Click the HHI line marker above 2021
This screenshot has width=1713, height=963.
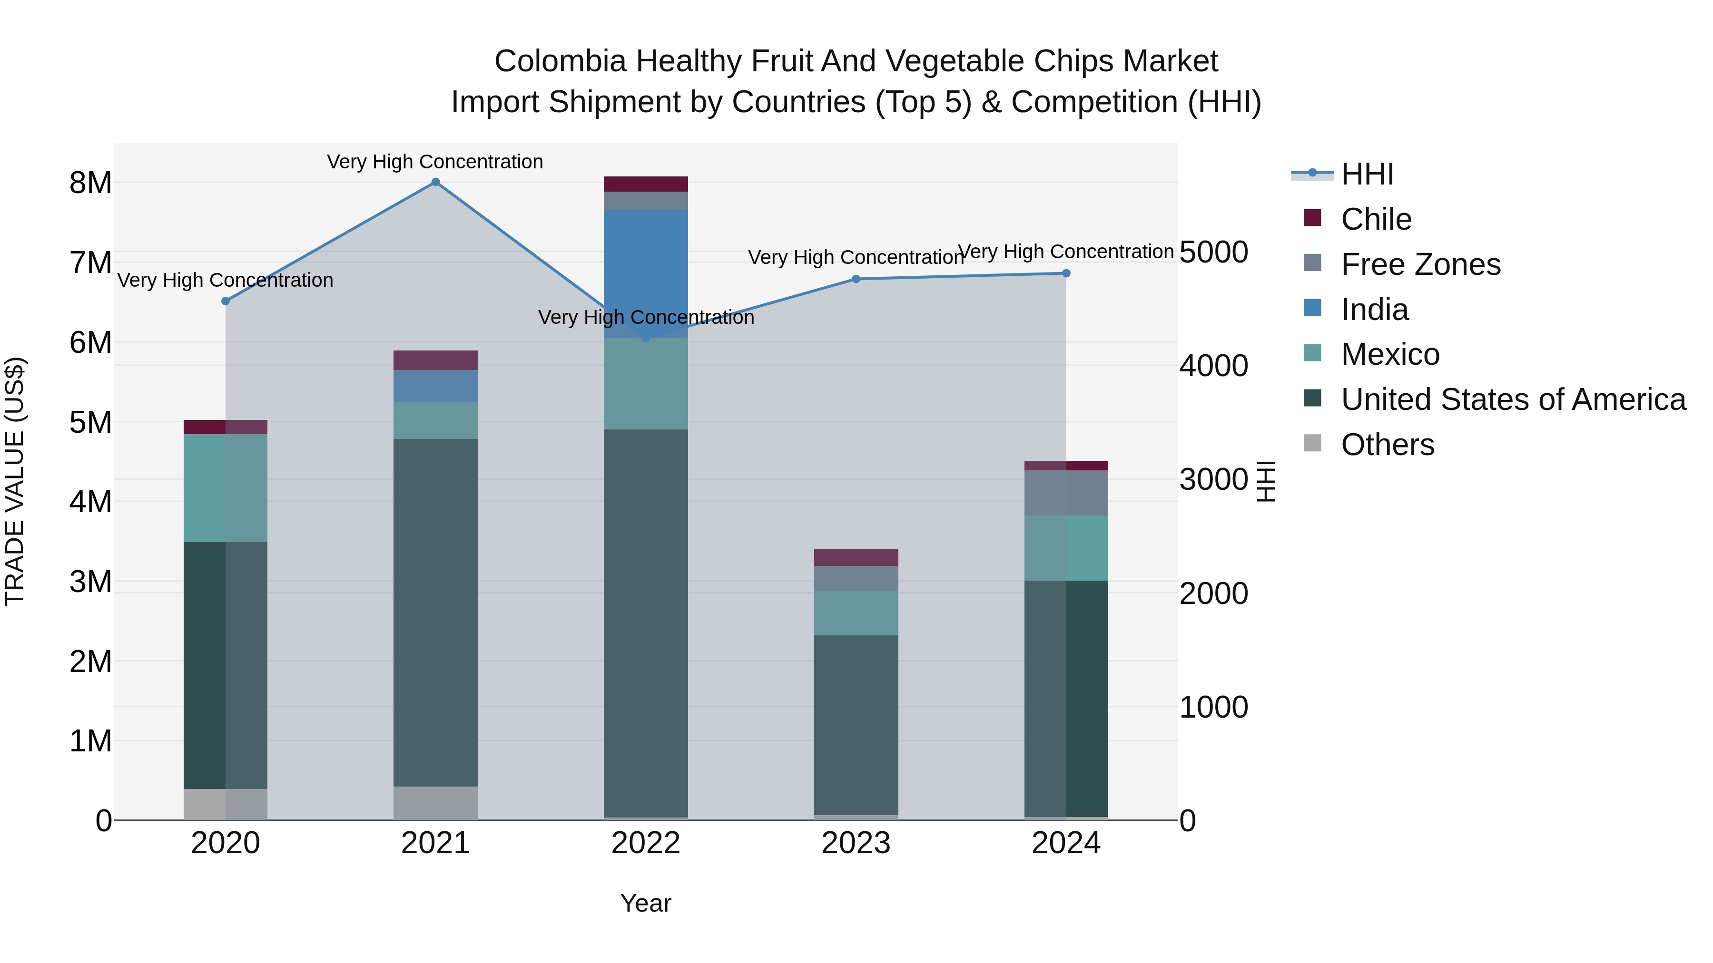(435, 182)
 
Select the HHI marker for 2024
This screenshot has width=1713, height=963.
(1066, 273)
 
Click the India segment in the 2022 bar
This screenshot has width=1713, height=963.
(646, 266)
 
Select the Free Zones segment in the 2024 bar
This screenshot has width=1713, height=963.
(1066, 493)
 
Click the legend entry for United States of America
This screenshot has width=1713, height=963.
(1513, 399)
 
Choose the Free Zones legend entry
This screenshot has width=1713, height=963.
(1420, 264)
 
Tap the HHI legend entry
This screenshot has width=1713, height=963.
(1367, 174)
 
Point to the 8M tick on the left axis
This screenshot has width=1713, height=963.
(90, 183)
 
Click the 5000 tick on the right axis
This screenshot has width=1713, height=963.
(1213, 253)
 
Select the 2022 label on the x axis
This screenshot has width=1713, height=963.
(646, 843)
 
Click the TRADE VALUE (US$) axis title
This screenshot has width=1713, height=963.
(15, 481)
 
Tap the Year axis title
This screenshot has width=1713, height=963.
(646, 903)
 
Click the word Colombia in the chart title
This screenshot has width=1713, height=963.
(560, 62)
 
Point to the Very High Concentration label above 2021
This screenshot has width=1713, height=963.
(435, 162)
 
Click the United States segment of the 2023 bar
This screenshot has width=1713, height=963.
(856, 724)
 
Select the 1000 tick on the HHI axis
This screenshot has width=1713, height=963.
(1213, 707)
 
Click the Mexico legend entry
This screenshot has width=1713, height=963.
(1390, 354)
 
